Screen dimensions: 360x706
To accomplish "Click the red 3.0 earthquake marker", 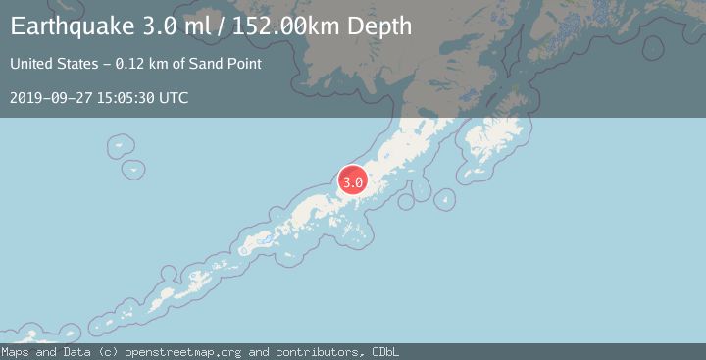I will point(353,181).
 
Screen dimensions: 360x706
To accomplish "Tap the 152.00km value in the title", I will point(286,26).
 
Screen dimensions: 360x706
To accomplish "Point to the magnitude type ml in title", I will point(196,26).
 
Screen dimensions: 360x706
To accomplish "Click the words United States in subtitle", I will point(50,64).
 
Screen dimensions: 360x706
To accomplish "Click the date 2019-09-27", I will point(47,98).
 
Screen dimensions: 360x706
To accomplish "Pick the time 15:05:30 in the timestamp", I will point(123,98).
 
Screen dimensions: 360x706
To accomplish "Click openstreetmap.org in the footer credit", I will point(187,352).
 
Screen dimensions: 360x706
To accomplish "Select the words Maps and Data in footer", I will point(41,352).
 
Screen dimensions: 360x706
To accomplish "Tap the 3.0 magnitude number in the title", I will point(159,26).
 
